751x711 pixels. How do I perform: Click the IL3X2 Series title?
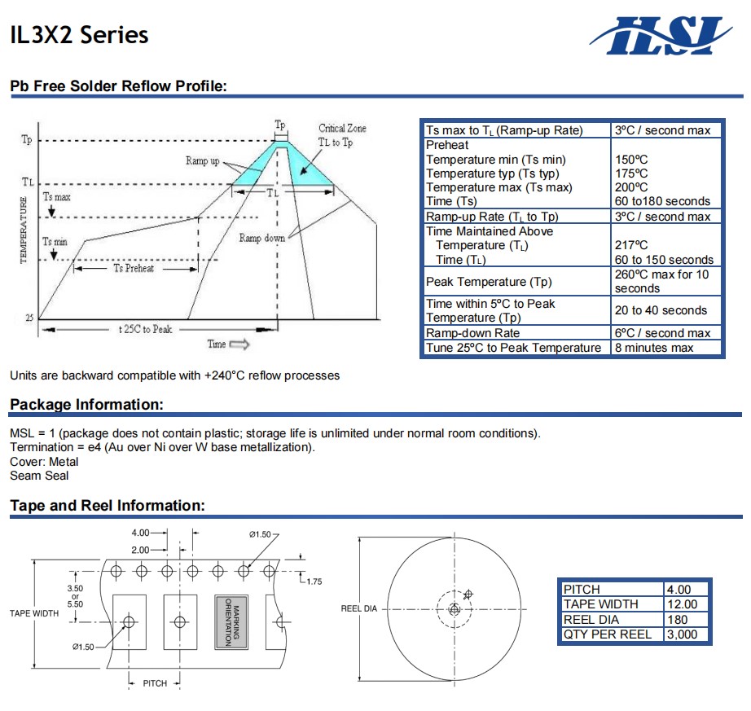[x=79, y=35]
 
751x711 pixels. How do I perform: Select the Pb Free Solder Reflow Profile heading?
[x=117, y=86]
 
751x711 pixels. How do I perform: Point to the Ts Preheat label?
[x=134, y=269]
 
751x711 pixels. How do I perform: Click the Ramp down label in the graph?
[x=261, y=238]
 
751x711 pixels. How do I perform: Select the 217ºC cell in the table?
[x=631, y=245]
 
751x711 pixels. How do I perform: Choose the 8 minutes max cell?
[x=654, y=348]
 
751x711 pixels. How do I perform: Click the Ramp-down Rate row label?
[x=472, y=333]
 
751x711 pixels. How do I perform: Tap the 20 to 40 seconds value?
[x=661, y=310]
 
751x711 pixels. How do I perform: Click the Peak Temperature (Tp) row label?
[x=488, y=282]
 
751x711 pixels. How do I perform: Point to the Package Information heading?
[x=86, y=405]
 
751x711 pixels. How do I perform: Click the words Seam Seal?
[x=39, y=476]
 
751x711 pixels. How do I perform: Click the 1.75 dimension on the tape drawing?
[x=314, y=582]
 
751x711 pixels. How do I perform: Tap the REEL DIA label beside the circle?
[x=358, y=609]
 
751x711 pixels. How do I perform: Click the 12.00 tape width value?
[x=682, y=604]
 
